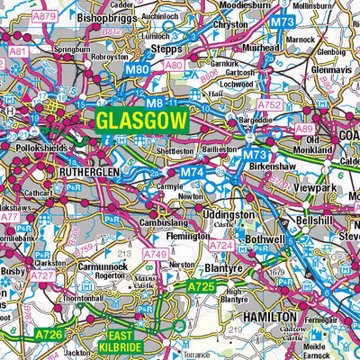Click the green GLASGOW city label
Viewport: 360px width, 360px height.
(141, 121)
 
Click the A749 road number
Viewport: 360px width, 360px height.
(156, 254)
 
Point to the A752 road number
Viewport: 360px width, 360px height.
(271, 105)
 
